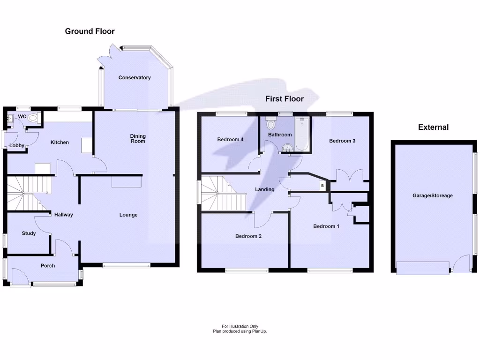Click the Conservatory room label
click(x=135, y=78)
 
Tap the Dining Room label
click(x=138, y=139)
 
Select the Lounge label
click(x=128, y=215)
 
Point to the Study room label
click(x=29, y=233)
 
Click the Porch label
click(x=48, y=266)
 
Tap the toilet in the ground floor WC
click(x=33, y=118)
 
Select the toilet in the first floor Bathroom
click(x=270, y=125)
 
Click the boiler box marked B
click(x=322, y=186)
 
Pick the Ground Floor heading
click(x=90, y=31)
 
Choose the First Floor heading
click(x=285, y=99)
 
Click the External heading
click(x=433, y=127)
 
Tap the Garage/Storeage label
click(x=433, y=195)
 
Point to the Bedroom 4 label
click(x=230, y=139)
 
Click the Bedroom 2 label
click(x=248, y=236)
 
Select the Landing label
click(x=264, y=189)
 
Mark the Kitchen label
click(x=60, y=142)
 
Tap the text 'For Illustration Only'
click(x=240, y=326)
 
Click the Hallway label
click(x=64, y=215)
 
